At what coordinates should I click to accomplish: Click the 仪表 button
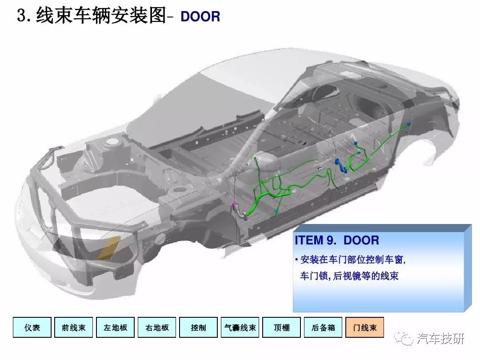pos(32,327)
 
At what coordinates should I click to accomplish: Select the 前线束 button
pos(73,327)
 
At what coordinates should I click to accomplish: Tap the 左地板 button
pos(116,327)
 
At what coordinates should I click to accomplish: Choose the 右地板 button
pos(157,327)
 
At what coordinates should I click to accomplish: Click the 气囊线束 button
pos(240,327)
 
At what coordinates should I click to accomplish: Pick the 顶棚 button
pos(282,327)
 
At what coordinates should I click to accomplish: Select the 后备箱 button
pos(323,327)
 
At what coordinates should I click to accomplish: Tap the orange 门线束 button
pos(364,327)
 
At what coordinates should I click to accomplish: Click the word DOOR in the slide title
pos(200,16)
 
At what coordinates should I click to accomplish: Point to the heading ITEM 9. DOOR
pos(337,240)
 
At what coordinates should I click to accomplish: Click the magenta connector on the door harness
pos(235,206)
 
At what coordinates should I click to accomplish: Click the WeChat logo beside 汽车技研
pos(404,338)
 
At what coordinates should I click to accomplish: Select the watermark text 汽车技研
pos(440,338)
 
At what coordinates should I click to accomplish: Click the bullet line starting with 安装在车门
pos(350,260)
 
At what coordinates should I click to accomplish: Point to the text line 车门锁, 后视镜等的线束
pos(349,276)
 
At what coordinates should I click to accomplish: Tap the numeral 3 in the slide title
pos(22,16)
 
